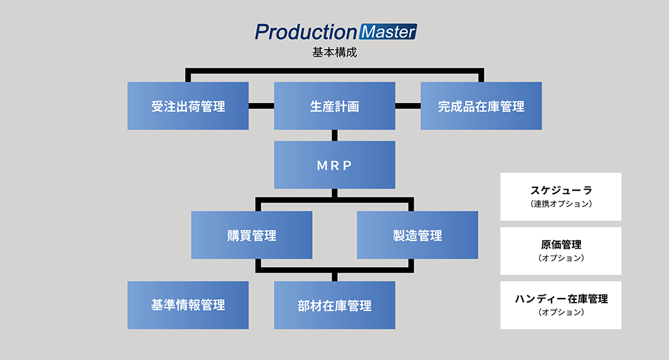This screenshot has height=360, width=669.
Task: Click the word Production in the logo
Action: (305, 32)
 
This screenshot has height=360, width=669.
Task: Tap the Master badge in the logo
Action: (387, 32)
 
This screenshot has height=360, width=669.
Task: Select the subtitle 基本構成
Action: (334, 53)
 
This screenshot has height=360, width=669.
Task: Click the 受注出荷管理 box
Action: (188, 106)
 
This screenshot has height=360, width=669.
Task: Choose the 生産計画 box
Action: (334, 106)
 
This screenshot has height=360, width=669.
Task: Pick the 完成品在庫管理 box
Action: (481, 106)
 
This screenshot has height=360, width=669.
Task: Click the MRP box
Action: (334, 165)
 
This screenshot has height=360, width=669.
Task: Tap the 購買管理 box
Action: (252, 235)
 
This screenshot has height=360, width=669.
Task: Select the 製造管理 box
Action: (417, 235)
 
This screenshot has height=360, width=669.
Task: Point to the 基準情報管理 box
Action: (188, 305)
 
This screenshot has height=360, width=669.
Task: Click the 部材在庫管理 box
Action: (334, 305)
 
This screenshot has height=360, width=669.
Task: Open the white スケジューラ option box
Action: (560, 196)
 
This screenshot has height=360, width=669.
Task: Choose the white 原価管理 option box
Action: (560, 251)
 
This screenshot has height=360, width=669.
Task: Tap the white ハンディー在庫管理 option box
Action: (560, 305)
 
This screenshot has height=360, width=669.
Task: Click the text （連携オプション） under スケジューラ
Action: (560, 204)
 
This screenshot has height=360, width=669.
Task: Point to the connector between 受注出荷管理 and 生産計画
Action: (261, 106)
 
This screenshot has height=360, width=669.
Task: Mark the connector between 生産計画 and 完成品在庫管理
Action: (408, 106)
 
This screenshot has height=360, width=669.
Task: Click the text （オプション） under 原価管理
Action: (560, 258)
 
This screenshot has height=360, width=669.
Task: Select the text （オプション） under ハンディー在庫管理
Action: (560, 312)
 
